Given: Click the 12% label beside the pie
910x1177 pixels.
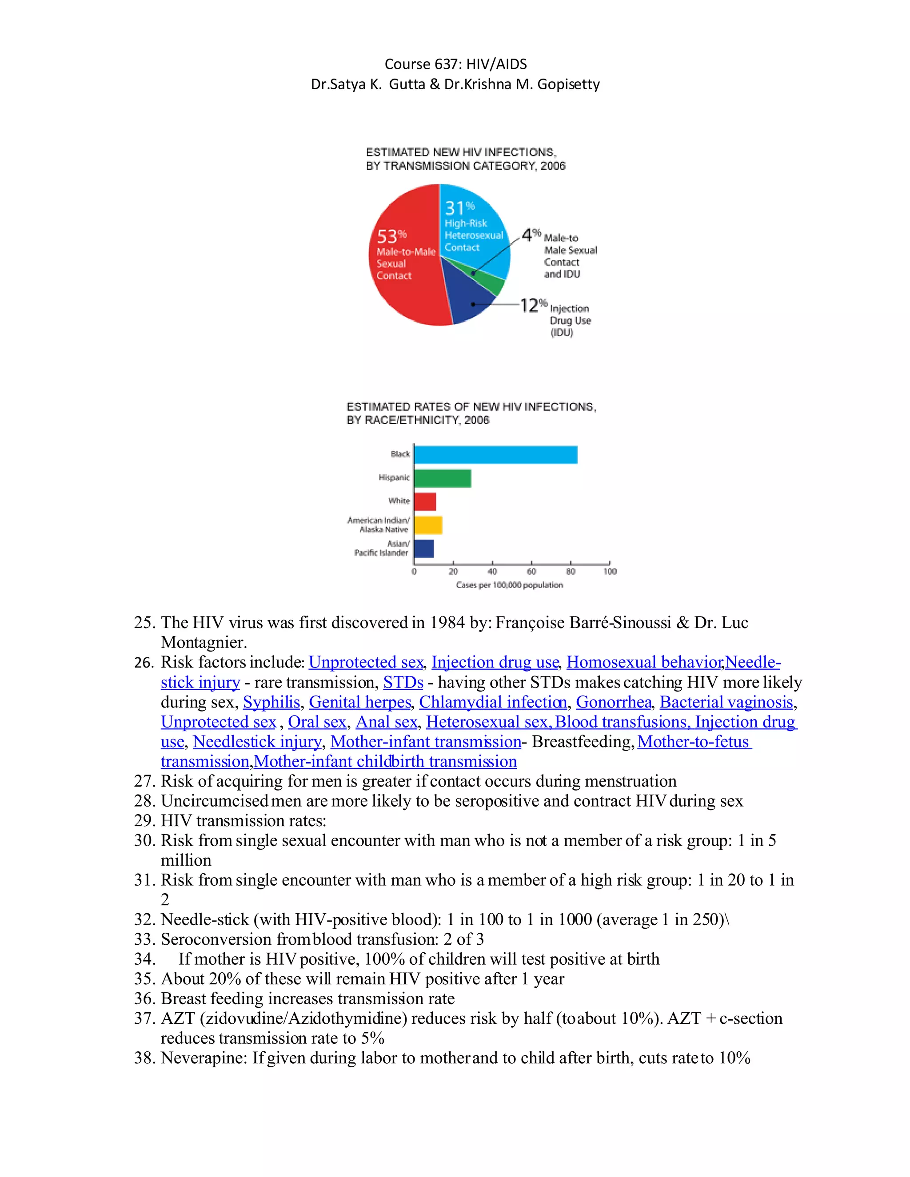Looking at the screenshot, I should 533,305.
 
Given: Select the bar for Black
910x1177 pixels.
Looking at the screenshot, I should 495,455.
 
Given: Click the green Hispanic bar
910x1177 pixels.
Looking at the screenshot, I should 442,478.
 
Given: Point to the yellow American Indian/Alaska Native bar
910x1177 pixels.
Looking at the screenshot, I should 428,525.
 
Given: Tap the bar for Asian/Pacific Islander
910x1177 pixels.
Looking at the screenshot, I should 424,549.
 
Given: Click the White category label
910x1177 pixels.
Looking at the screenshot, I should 399,501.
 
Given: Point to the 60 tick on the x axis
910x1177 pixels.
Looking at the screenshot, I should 531,571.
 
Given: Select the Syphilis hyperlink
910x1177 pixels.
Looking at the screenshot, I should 271,702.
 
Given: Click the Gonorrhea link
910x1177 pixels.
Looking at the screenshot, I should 614,702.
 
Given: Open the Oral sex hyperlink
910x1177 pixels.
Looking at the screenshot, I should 316,722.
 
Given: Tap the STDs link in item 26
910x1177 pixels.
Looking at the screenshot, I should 403,682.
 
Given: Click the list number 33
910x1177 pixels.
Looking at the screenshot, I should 144,940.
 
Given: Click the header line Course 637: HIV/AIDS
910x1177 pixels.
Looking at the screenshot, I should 455,64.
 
